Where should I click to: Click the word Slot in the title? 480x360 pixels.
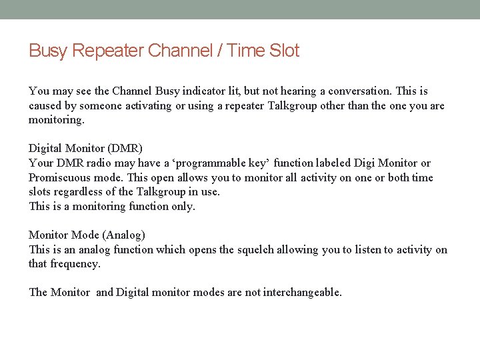click(284, 51)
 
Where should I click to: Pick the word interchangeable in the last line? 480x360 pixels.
click(302, 293)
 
